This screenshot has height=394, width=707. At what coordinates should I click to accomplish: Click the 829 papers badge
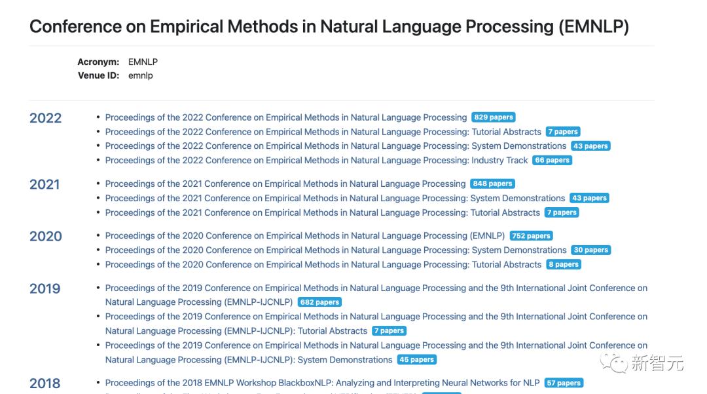[x=493, y=117]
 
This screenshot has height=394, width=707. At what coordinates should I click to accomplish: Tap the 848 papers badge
[x=492, y=184]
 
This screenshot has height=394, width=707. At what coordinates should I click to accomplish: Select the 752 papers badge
[x=531, y=236]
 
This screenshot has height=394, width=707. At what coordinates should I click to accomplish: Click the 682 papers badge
[x=319, y=302]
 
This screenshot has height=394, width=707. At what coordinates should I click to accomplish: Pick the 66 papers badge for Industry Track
[x=552, y=160]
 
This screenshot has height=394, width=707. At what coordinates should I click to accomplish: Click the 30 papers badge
[x=590, y=250]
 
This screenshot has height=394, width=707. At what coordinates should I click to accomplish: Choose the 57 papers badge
[x=563, y=383]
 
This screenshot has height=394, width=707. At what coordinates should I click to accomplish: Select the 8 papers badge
[x=564, y=264]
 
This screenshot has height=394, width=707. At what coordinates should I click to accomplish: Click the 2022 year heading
[x=46, y=119]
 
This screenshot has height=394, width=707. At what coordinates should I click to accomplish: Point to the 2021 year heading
[x=45, y=185]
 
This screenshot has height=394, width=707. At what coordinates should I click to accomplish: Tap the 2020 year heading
[x=46, y=237]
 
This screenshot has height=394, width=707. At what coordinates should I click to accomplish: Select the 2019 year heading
[x=45, y=289]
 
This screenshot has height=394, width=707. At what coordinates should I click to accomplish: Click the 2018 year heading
[x=45, y=384]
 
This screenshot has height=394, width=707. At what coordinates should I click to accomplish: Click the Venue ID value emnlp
[x=140, y=75]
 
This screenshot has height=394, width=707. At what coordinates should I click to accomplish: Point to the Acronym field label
[x=98, y=62]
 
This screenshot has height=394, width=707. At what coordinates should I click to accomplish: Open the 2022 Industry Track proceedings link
[x=316, y=160]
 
